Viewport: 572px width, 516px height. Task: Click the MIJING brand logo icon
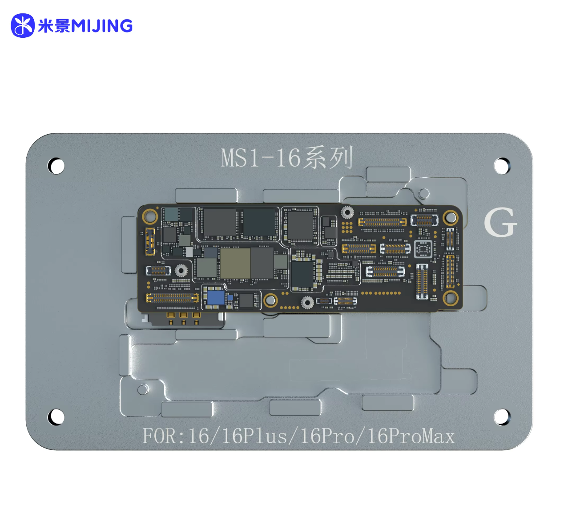click(x=23, y=26)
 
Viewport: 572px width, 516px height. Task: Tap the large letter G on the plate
click(x=500, y=222)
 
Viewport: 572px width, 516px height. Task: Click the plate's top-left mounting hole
click(x=56, y=165)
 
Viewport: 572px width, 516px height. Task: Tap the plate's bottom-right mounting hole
click(x=502, y=417)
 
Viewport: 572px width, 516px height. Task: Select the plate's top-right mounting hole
click(x=502, y=165)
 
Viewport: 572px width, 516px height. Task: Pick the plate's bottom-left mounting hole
click(x=56, y=417)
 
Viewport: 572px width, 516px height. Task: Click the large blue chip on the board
click(x=216, y=297)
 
